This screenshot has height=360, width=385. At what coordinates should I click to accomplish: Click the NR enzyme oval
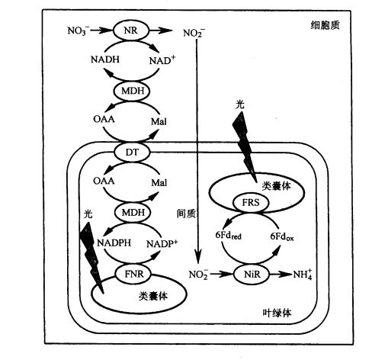[130, 31]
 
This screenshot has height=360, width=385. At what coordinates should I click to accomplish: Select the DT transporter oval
[132, 152]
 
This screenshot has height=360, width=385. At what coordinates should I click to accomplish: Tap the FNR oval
[133, 274]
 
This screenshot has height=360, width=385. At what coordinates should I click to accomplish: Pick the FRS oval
[251, 203]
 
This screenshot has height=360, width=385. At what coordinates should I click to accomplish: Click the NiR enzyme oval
[252, 275]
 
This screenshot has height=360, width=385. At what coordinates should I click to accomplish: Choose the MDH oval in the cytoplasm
[132, 91]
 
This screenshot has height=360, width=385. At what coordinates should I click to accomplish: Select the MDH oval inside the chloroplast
[133, 213]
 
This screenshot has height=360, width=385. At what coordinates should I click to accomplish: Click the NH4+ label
[303, 274]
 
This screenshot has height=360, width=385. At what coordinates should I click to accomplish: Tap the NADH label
[105, 59]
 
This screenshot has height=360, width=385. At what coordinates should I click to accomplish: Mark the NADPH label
[114, 243]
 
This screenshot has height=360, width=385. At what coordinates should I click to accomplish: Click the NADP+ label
[162, 243]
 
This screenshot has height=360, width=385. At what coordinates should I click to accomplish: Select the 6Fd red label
[228, 236]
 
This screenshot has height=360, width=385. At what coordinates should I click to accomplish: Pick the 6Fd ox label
[282, 236]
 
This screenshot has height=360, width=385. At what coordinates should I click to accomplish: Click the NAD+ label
[162, 60]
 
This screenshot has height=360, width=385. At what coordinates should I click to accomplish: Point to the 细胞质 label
[325, 25]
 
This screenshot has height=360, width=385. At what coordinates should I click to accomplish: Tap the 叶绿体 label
[277, 313]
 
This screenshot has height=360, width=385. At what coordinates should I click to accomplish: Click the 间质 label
[186, 214]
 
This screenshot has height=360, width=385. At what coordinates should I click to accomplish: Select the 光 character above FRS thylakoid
[239, 104]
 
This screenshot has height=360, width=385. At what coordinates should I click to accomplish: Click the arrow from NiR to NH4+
[281, 275]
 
